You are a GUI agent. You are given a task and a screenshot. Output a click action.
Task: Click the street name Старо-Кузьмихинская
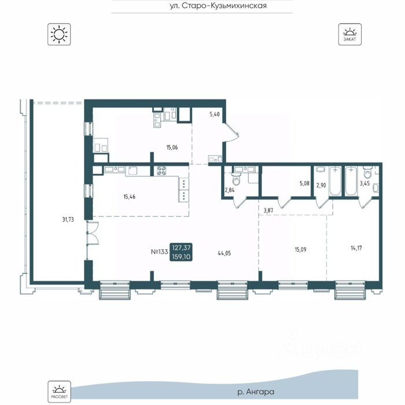[224, 6]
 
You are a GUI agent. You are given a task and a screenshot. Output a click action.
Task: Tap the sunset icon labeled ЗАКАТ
[349, 34]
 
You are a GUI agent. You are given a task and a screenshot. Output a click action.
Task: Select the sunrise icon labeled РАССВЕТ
[59, 392]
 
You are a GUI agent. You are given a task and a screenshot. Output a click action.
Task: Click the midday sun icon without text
[59, 34]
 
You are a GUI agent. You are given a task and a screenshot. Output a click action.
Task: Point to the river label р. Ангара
[256, 392]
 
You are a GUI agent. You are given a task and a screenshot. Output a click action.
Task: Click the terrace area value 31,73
[68, 219]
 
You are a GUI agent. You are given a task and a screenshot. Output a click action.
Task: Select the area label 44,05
[224, 253]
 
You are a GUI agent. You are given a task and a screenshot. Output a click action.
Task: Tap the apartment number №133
[159, 252]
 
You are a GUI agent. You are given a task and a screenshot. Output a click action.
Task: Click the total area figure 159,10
[181, 257]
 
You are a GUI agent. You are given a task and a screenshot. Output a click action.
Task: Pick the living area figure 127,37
[181, 248]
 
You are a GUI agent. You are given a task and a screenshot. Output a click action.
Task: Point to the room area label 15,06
[172, 148]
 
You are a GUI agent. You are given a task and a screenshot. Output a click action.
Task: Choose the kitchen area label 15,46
[129, 197]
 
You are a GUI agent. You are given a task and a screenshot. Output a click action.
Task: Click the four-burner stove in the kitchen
[161, 171]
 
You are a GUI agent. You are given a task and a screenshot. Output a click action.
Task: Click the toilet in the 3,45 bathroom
[367, 172]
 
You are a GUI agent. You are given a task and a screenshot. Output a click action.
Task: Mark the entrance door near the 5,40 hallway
[231, 132]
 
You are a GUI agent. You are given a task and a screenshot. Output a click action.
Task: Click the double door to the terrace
[93, 233]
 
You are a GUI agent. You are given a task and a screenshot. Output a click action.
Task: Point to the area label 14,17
[356, 248]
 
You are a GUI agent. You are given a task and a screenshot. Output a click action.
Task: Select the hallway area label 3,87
[268, 211]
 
